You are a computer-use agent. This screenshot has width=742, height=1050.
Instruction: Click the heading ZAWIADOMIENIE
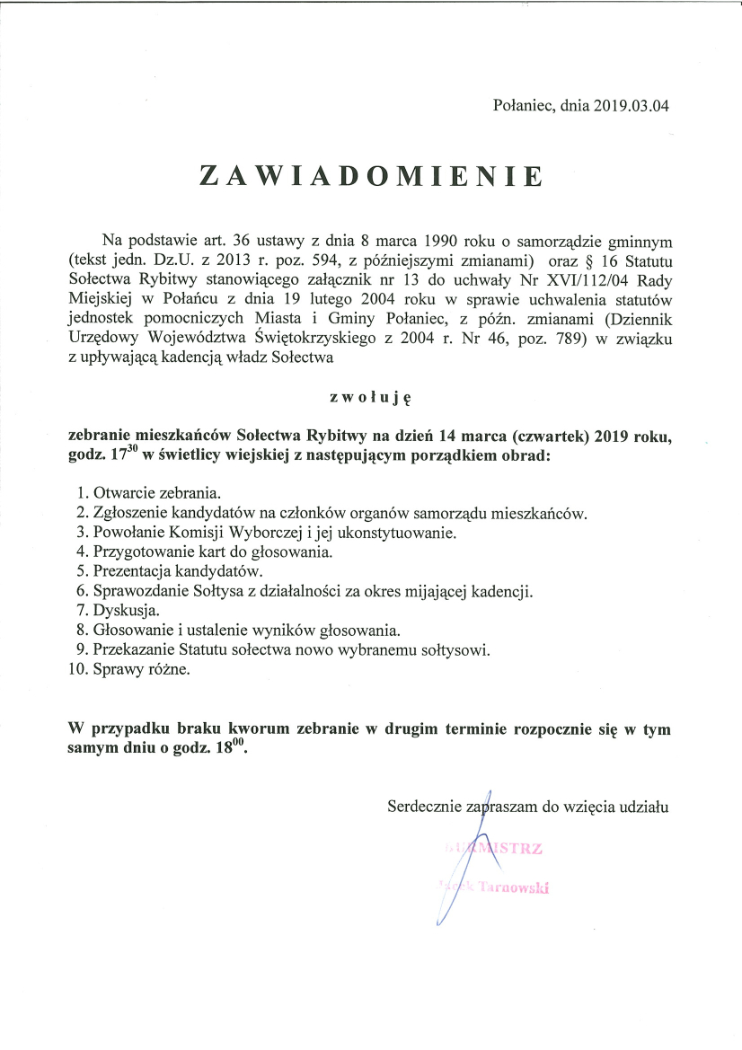(x=371, y=175)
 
